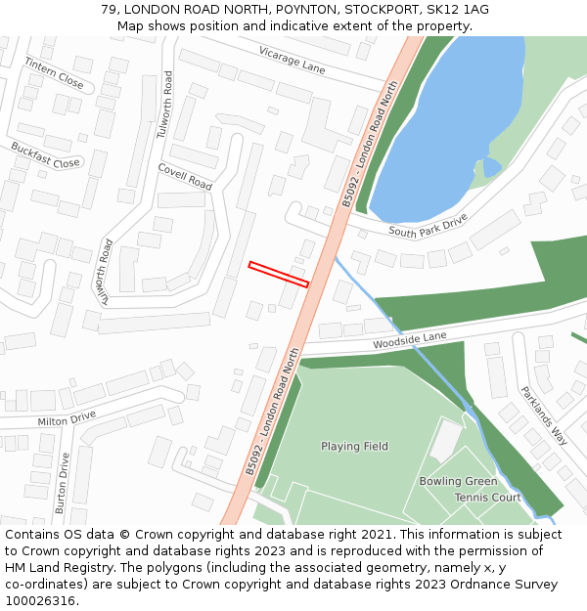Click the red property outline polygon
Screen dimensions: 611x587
279,274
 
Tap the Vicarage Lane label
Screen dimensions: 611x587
292,60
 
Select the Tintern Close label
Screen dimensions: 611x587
55,71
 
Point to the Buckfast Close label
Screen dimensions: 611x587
45,154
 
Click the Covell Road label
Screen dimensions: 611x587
185,176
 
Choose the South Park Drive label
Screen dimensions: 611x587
429,225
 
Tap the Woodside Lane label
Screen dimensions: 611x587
409,341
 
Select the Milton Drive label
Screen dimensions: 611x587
67,418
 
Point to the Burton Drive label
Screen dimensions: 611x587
63,483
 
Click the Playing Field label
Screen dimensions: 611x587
354,447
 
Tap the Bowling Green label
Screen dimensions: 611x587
458,481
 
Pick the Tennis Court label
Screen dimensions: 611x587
487,498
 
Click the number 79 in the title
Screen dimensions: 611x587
109,10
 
